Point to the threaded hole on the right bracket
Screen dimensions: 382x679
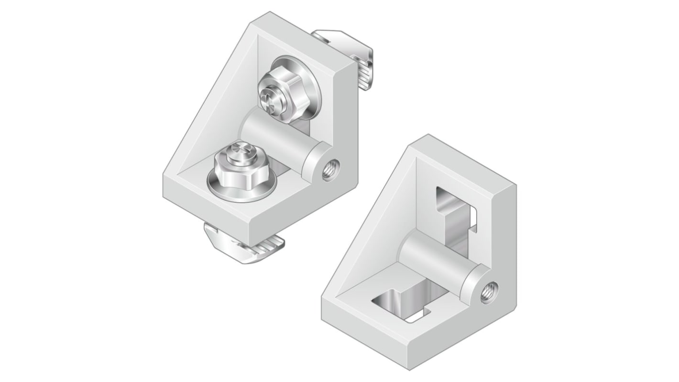click(x=490, y=290)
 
